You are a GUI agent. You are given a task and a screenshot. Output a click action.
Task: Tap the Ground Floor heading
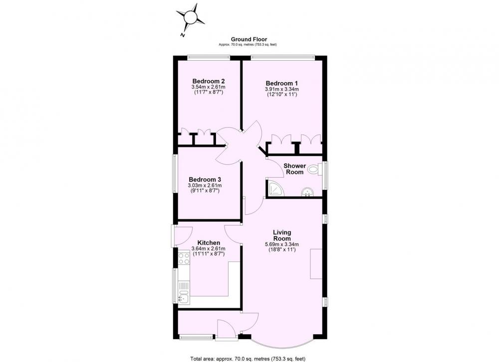[x=249, y=39]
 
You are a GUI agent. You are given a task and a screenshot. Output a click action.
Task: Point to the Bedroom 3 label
[x=205, y=180]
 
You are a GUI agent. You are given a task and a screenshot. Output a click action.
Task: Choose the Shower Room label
[x=295, y=169]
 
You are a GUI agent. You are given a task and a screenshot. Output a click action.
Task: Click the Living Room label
[x=282, y=236]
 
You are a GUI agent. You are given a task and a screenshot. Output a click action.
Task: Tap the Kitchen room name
[x=209, y=243]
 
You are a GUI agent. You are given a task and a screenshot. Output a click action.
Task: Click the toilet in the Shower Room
[x=315, y=169]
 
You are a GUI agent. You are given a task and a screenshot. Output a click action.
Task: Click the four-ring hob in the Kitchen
[x=184, y=258]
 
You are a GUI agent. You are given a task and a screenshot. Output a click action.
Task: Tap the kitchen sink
[x=184, y=296]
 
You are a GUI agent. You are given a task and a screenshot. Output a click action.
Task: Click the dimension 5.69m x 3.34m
[x=282, y=244]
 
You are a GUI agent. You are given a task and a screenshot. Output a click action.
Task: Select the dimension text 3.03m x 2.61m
[x=205, y=185]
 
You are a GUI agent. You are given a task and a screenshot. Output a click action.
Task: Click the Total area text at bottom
[x=248, y=359]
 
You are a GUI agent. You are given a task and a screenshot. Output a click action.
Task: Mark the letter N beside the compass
[x=182, y=35]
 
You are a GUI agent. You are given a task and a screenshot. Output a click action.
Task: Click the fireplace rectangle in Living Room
[x=316, y=264]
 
